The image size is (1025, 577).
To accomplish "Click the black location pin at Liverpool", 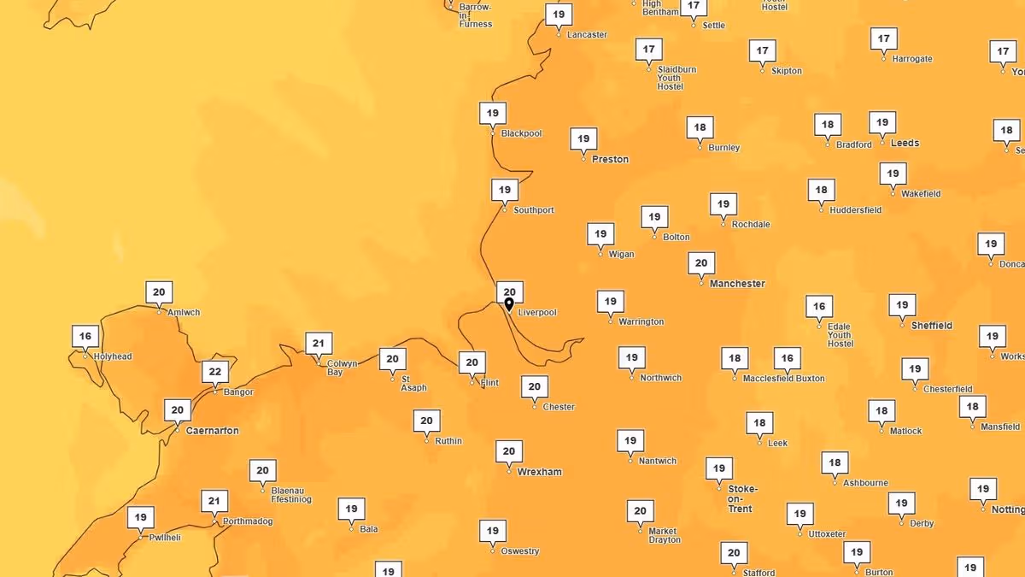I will (x=509, y=304).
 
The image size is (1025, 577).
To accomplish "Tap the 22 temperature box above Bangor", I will (x=215, y=372).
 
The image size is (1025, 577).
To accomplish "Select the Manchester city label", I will (x=737, y=284).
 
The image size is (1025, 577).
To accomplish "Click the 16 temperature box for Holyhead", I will (x=85, y=336).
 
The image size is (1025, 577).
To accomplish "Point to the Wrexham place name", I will (x=539, y=472).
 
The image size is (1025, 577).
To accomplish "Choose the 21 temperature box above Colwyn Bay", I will (x=319, y=344).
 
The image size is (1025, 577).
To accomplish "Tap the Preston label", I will (x=610, y=160).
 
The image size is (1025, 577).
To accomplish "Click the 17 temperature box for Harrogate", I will (x=884, y=38).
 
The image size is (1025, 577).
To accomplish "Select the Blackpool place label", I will (x=521, y=134).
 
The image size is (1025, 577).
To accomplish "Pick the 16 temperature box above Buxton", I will (x=787, y=358).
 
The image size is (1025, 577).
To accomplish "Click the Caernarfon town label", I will (x=212, y=431).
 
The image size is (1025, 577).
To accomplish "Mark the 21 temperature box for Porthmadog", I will (x=214, y=501).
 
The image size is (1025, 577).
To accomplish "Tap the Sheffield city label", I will (x=931, y=326).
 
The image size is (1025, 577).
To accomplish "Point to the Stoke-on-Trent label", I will (x=741, y=498).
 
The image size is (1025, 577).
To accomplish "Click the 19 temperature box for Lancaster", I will (x=559, y=15).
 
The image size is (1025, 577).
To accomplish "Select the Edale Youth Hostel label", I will (x=840, y=335).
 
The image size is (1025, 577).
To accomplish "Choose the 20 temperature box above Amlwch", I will (x=159, y=292).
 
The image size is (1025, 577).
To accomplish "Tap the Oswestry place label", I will (x=520, y=551).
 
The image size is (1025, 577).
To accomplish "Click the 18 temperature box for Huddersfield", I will (x=821, y=190).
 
